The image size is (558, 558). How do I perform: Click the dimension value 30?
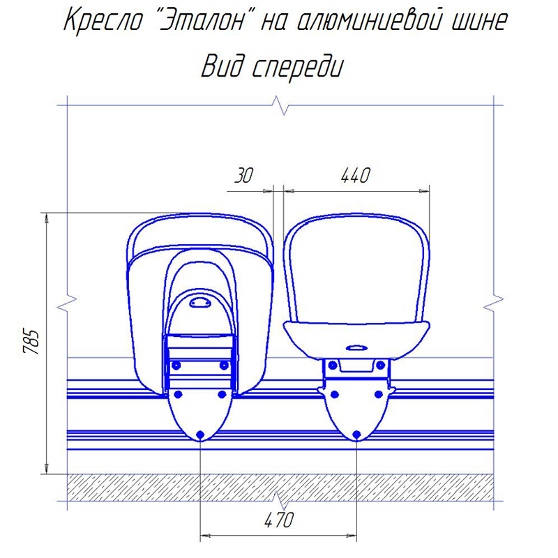(243, 176)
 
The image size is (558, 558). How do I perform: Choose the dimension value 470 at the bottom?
(278, 520)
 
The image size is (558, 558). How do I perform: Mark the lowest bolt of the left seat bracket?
(200, 435)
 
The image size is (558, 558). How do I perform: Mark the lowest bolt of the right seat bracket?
(356, 435)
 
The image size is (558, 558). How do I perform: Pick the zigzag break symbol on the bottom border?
(280, 499)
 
